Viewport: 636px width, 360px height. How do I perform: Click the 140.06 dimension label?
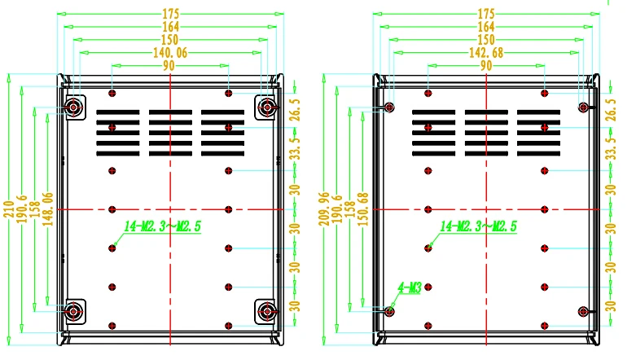coord(170,53)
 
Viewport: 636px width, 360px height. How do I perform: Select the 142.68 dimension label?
coord(486,53)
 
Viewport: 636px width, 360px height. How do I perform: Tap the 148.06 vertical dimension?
coord(48,209)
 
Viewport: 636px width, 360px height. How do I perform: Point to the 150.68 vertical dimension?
coord(363,209)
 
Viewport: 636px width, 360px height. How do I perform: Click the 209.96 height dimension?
coord(324,209)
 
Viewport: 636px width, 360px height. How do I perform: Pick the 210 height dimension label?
coord(8,209)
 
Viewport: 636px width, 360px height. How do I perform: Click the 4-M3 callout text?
coord(410,288)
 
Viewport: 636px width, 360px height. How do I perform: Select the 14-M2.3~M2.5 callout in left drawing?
coord(162,226)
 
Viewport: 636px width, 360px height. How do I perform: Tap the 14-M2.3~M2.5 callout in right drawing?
coord(478,226)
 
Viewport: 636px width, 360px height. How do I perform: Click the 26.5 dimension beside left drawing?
coord(296,110)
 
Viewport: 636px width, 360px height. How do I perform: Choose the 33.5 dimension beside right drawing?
coord(611,148)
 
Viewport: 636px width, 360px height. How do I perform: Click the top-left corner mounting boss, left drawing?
coord(73,108)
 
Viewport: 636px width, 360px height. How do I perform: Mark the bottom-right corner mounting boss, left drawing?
coord(266,312)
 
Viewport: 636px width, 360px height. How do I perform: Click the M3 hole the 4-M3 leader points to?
coord(389,312)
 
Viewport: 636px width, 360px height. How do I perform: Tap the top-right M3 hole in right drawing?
coord(583,108)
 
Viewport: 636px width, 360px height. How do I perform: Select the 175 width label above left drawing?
coord(171,14)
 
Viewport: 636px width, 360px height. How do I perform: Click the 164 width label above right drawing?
coord(486,27)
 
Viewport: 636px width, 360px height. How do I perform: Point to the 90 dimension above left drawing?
coord(169,66)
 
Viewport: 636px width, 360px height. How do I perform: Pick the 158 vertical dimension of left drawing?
coord(35,209)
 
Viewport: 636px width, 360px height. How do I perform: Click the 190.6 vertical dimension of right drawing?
coord(337,209)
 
